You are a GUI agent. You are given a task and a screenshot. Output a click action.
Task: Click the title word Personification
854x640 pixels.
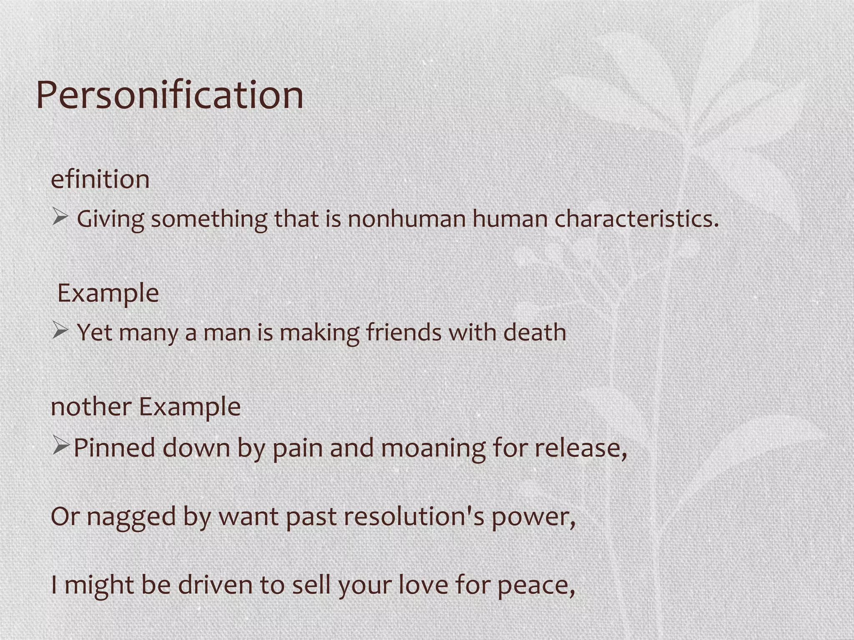[x=170, y=96]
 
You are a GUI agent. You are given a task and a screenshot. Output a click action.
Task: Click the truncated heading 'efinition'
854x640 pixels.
[x=100, y=180]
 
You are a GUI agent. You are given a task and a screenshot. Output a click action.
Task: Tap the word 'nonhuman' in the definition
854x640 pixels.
[x=407, y=219]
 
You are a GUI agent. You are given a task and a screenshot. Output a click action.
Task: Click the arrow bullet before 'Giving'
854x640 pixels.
[x=60, y=217]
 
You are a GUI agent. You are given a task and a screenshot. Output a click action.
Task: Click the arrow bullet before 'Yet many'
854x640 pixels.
[x=60, y=331]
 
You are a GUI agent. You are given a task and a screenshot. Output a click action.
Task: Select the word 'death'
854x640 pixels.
[x=535, y=332]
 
